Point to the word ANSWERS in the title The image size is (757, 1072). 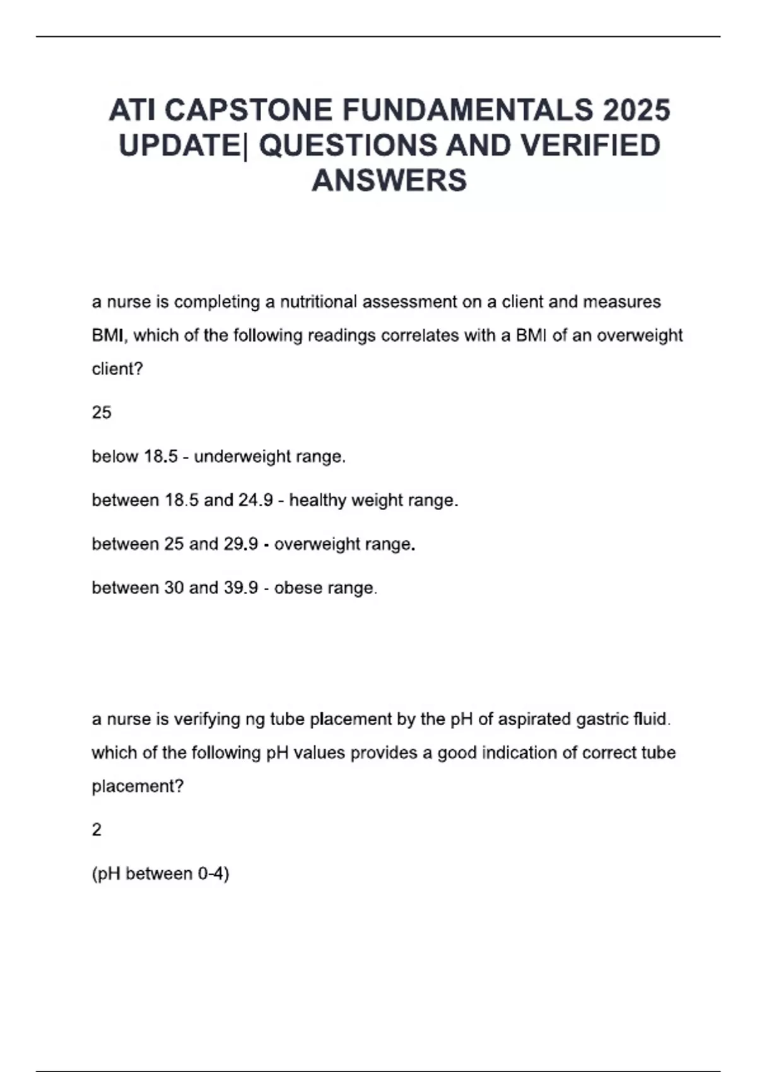click(x=389, y=180)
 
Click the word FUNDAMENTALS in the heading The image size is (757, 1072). click(x=467, y=110)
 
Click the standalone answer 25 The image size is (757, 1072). click(x=102, y=412)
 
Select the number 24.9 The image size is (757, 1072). click(x=255, y=500)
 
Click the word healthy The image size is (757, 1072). click(x=317, y=500)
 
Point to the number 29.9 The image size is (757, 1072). click(x=241, y=544)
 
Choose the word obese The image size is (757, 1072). click(x=296, y=588)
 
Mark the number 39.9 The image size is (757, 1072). click(x=241, y=588)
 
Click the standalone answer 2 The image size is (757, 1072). click(x=97, y=830)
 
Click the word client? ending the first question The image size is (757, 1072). click(x=118, y=369)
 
